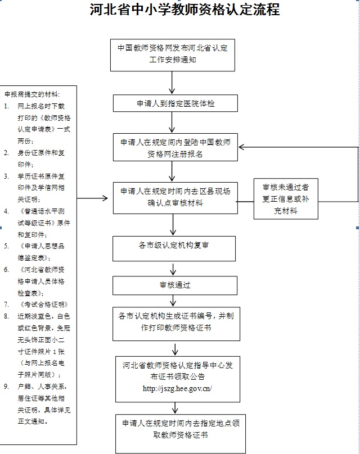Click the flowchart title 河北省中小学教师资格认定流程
click(184, 9)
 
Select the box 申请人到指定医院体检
click(175, 103)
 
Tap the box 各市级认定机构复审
click(174, 248)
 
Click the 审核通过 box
click(175, 285)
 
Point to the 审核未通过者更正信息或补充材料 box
click(286, 199)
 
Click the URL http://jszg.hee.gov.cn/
click(177, 389)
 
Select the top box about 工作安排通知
click(173, 55)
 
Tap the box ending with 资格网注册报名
click(175, 147)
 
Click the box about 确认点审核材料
click(175, 198)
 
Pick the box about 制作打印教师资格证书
click(176, 324)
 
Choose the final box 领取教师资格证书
click(181, 433)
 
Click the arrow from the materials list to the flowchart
click(92, 198)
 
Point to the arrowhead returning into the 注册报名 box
click(242, 147)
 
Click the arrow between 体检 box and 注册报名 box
click(172, 122)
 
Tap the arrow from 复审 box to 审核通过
click(173, 269)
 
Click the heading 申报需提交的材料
click(32, 94)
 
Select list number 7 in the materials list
click(6, 305)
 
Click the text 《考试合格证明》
click(43, 305)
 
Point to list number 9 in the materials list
click(6, 387)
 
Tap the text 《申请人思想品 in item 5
click(42, 246)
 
